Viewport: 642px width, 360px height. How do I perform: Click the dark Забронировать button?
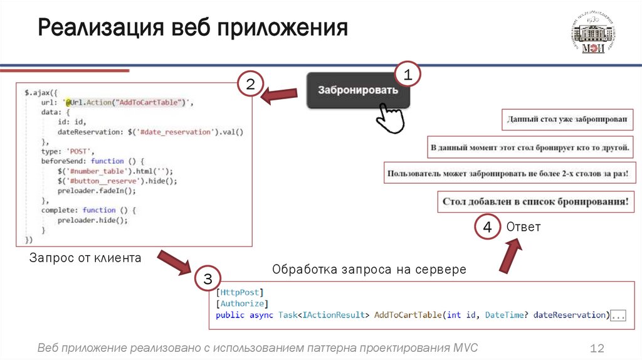[x=357, y=90]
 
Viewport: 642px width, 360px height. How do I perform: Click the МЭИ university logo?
[x=592, y=35]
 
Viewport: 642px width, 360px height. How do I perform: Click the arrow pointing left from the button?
[x=279, y=96]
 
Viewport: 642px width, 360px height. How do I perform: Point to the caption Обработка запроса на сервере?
[x=369, y=270]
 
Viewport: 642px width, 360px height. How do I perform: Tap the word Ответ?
[x=524, y=227]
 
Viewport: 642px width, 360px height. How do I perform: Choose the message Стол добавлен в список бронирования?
[x=535, y=202]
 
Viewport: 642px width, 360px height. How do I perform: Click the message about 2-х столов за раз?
[x=508, y=173]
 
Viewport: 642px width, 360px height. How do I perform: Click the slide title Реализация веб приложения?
[x=192, y=28]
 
